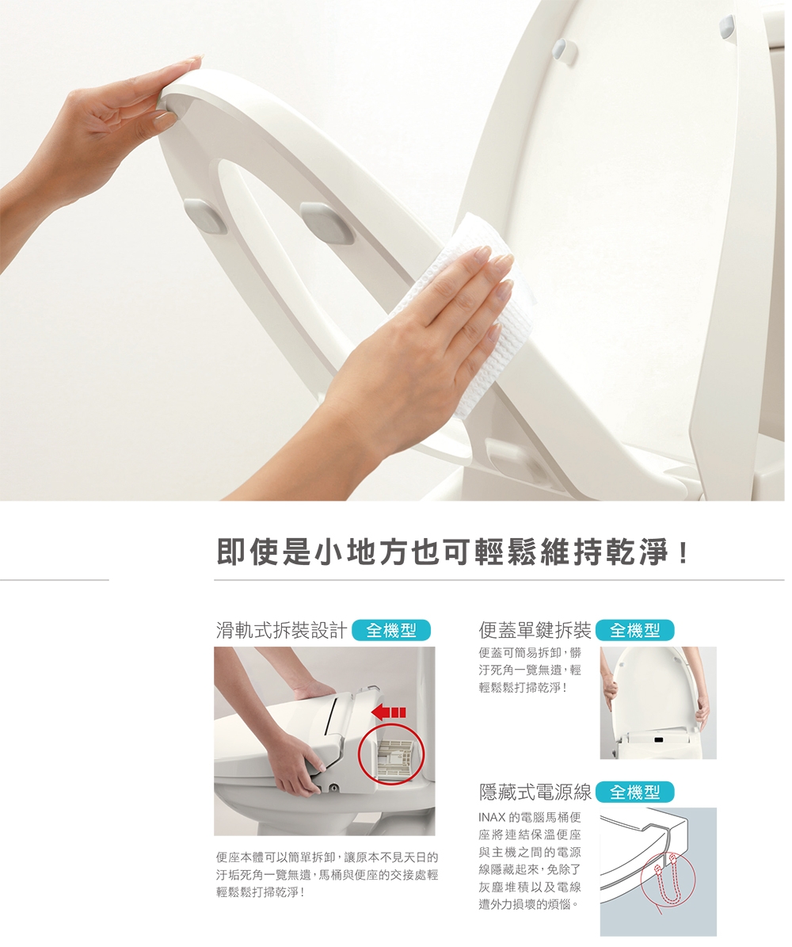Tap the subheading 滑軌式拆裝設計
281,631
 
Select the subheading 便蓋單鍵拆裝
535,631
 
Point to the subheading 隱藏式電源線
535,792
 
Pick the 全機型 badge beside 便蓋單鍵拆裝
634,631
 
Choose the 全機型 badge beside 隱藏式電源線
634,792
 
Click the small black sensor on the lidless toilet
659,740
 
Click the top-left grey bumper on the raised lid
563,49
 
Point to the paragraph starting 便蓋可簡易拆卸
529,670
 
